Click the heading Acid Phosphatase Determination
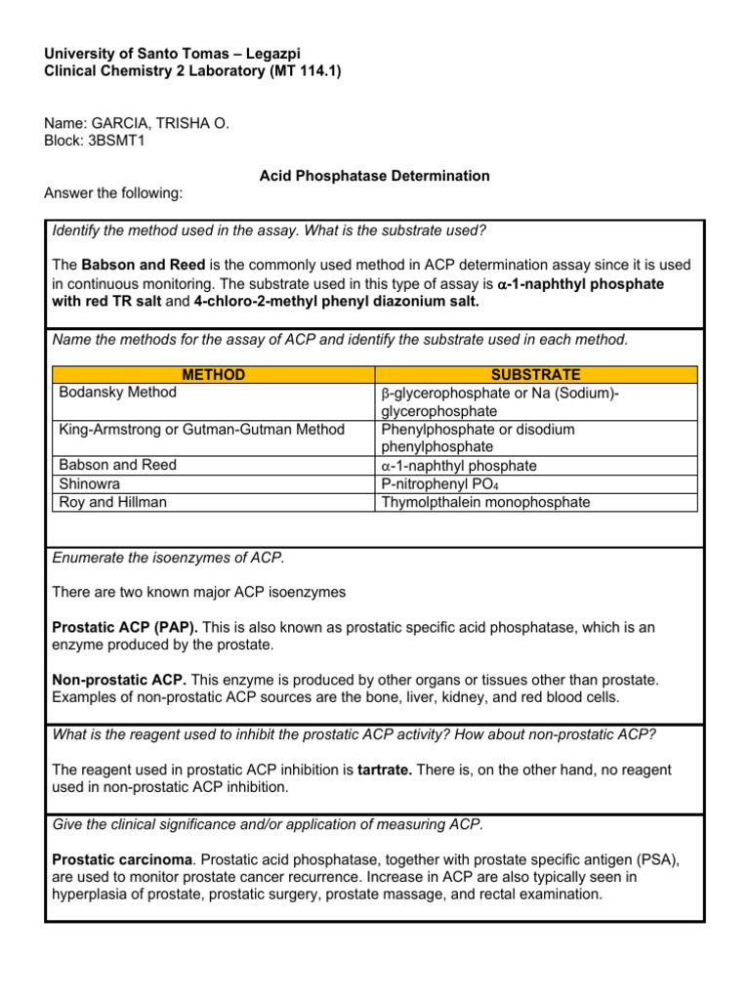coord(374,176)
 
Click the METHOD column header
coord(213,375)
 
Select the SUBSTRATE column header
coord(536,375)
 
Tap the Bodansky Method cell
coord(118,393)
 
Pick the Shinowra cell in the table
coord(90,483)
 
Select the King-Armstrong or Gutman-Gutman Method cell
coord(201,429)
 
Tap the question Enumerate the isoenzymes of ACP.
coord(168,558)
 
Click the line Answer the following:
coord(113,193)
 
